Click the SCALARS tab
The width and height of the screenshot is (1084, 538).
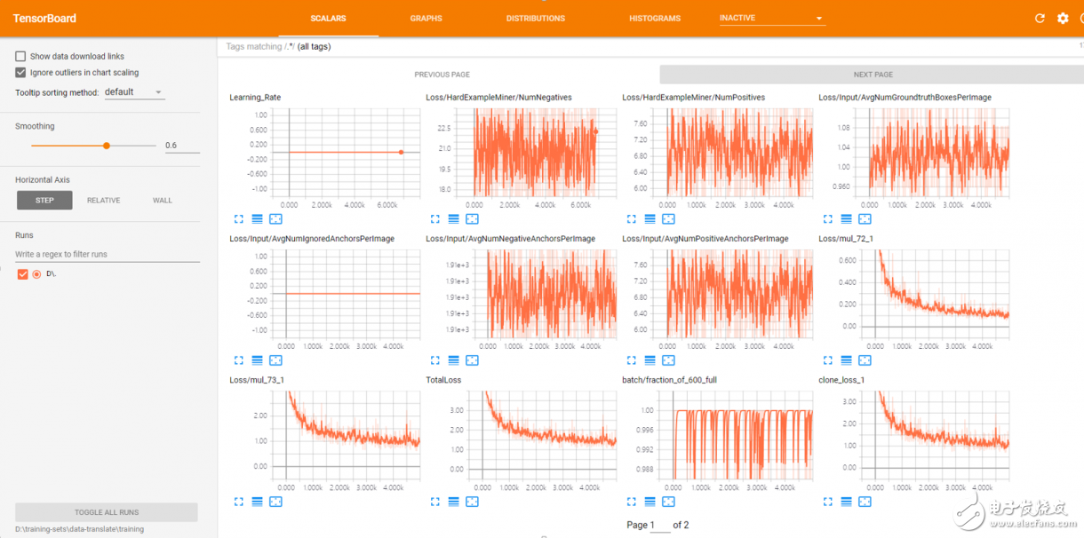(x=328, y=18)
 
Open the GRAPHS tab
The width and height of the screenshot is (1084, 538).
(x=426, y=18)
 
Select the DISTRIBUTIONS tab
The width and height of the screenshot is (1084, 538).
(x=535, y=18)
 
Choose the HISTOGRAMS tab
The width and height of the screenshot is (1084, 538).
(x=655, y=18)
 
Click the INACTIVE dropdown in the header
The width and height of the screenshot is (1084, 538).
(x=771, y=18)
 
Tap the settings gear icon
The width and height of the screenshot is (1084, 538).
(x=1063, y=19)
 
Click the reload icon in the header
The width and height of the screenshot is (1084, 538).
(x=1040, y=19)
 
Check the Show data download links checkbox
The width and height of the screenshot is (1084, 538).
(x=20, y=56)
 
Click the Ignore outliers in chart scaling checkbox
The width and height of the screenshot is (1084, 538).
(x=20, y=73)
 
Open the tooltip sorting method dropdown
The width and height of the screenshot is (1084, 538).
(x=133, y=92)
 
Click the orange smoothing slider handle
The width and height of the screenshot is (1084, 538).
(x=107, y=146)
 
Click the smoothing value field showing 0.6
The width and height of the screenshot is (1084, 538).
(x=181, y=146)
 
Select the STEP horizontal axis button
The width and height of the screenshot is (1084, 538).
(x=44, y=201)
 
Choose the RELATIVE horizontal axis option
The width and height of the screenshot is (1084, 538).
(x=103, y=201)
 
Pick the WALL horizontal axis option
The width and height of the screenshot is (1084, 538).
(x=163, y=201)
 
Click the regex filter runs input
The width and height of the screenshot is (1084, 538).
(x=107, y=255)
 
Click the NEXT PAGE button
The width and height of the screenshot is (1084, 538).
(x=873, y=75)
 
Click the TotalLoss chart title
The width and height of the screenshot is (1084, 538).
(x=443, y=380)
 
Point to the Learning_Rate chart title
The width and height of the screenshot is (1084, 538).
(x=255, y=98)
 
